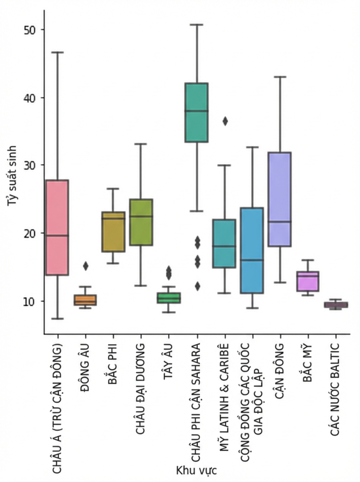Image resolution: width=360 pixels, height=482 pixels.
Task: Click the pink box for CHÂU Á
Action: coord(57,227)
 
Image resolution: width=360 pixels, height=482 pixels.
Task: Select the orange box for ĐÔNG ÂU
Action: coord(85,300)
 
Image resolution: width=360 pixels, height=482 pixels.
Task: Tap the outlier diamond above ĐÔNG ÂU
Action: coord(86,266)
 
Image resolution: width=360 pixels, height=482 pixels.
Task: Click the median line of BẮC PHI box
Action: coord(113,218)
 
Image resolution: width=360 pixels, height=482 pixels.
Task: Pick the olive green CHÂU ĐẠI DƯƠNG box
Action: coord(141,222)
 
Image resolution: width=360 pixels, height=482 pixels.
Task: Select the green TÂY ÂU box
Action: coord(169,298)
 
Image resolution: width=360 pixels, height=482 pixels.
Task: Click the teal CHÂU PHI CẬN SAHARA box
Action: coord(196,112)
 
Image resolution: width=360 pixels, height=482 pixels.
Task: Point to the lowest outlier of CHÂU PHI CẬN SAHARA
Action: coord(198,286)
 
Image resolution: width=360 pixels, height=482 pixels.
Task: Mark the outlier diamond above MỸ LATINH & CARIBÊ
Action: coord(225,121)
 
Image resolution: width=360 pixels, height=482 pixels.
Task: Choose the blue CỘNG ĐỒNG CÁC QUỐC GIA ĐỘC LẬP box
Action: coord(252,250)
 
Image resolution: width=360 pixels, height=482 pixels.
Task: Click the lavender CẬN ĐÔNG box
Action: coord(280,199)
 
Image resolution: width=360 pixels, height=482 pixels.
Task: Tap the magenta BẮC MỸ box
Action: coord(308,281)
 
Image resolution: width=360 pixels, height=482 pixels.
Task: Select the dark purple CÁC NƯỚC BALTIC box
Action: coord(336,305)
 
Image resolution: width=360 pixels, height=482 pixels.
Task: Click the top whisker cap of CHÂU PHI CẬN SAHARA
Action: coord(196,25)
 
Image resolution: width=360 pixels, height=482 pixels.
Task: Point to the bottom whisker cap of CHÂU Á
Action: coord(57,319)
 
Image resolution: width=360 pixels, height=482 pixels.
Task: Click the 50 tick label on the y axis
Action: coord(29,30)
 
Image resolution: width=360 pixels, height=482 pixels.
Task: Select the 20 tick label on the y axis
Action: coord(29,234)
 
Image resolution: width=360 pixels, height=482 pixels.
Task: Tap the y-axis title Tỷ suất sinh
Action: coord(12,176)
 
